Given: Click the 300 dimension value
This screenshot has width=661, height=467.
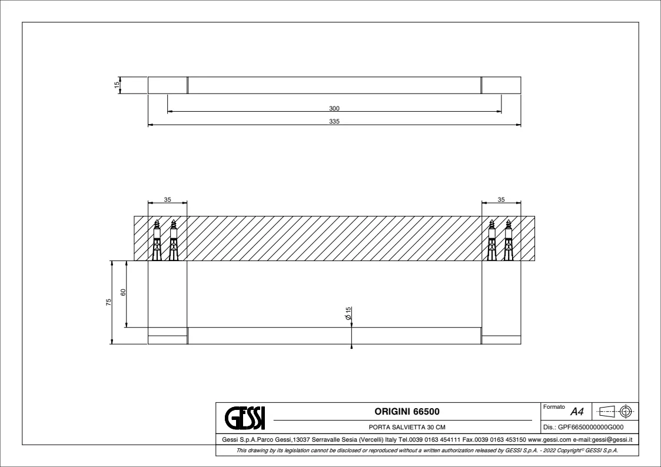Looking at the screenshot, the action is [334, 108].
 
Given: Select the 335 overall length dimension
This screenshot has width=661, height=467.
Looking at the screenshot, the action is [334, 121].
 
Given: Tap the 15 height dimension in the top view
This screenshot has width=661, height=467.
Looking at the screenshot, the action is [117, 85].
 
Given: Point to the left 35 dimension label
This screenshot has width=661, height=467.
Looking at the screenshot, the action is [167, 199].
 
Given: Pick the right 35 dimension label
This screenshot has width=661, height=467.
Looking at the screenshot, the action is [501, 199].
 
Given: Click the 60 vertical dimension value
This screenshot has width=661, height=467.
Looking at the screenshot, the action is [123, 292].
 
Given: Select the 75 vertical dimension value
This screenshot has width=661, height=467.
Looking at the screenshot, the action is [108, 302].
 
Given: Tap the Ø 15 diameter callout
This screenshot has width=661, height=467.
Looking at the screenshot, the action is [348, 313].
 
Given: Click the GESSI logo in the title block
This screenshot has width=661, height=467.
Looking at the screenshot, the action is [245, 418].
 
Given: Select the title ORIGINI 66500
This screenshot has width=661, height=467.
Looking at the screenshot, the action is [407, 411].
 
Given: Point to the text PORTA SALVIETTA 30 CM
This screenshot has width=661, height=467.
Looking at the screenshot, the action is [407, 427].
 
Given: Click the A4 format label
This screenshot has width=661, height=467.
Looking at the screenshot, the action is [577, 411].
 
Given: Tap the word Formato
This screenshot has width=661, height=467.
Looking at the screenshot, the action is [554, 407].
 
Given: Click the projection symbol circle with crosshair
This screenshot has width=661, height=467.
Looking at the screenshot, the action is [626, 411].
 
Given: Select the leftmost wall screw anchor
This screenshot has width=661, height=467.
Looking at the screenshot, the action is [157, 240].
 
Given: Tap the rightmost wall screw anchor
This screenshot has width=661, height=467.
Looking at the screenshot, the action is [508, 240].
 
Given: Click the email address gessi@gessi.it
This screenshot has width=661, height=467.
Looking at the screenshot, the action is [612, 439].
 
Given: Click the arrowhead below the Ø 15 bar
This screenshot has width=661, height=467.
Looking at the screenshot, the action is [351, 346].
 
